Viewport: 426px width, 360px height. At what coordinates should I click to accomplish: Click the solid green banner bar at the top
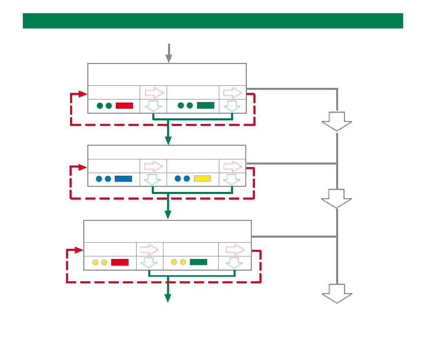(x=213, y=21)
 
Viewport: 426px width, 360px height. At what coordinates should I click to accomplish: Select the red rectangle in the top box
(x=124, y=106)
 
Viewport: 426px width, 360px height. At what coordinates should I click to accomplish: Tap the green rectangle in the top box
(x=206, y=106)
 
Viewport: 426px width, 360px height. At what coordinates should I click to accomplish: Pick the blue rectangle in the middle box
(x=123, y=179)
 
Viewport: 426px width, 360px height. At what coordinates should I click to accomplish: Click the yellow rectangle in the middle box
(x=203, y=179)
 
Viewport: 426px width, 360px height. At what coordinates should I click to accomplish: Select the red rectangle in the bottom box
(x=120, y=262)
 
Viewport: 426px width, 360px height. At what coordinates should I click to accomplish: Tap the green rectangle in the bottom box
(x=199, y=262)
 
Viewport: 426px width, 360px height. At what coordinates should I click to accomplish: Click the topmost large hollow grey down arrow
(x=337, y=121)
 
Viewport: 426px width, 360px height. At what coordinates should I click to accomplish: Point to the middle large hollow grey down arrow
(x=337, y=198)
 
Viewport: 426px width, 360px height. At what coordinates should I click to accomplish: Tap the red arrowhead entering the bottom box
(x=78, y=250)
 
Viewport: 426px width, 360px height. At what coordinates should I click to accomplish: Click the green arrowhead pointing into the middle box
(x=169, y=141)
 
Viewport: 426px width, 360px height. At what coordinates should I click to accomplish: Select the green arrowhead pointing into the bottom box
(x=168, y=215)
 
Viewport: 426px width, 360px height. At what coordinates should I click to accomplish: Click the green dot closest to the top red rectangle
(x=109, y=106)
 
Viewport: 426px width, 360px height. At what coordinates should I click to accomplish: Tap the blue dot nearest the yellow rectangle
(x=187, y=179)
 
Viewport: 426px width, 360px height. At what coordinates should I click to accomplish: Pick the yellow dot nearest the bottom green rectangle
(x=183, y=262)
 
